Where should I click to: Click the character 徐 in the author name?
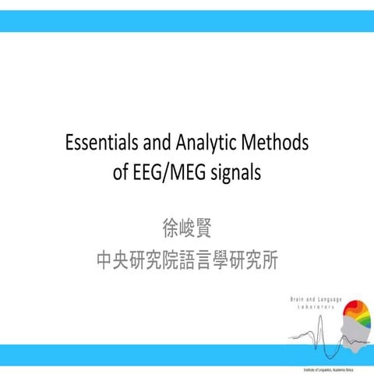tap(166, 230)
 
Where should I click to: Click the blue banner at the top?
tap(187, 21)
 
